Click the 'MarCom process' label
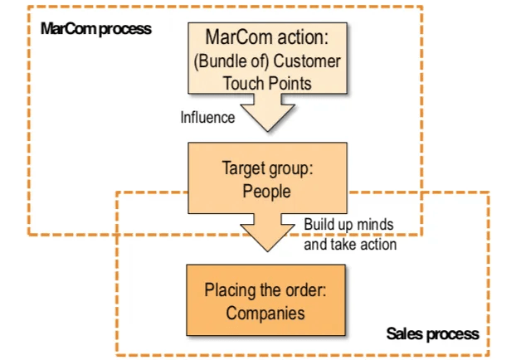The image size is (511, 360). point(96,29)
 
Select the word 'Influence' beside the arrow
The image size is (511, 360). point(207,117)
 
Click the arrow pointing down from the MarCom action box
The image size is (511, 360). point(266,113)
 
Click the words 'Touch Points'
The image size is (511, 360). point(266,83)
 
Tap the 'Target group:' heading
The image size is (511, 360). point(266,168)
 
